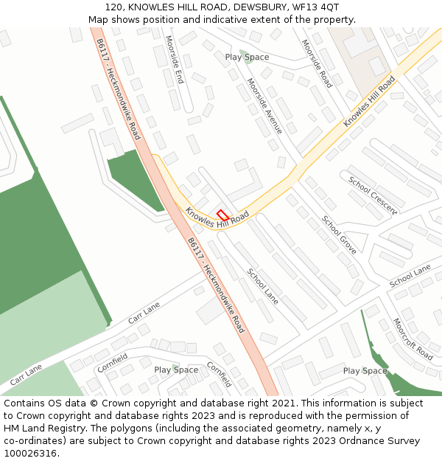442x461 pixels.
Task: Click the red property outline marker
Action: point(223,215)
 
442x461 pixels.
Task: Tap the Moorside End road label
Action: point(174,59)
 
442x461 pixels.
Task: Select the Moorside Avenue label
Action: point(264,105)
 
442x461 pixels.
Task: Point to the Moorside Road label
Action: point(317,63)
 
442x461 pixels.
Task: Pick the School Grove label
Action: point(339,235)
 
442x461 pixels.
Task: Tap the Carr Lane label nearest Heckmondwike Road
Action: point(144,313)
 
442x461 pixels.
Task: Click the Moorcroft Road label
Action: point(413,339)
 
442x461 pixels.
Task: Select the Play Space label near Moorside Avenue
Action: point(247,58)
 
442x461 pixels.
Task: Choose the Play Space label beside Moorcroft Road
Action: point(365,371)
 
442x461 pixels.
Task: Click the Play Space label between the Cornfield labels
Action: point(176,370)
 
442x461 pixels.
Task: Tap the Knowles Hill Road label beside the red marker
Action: point(217,217)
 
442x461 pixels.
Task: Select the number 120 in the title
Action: point(113,7)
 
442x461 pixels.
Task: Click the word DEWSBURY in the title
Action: point(253,7)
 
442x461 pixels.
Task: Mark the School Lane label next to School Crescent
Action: point(410,277)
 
